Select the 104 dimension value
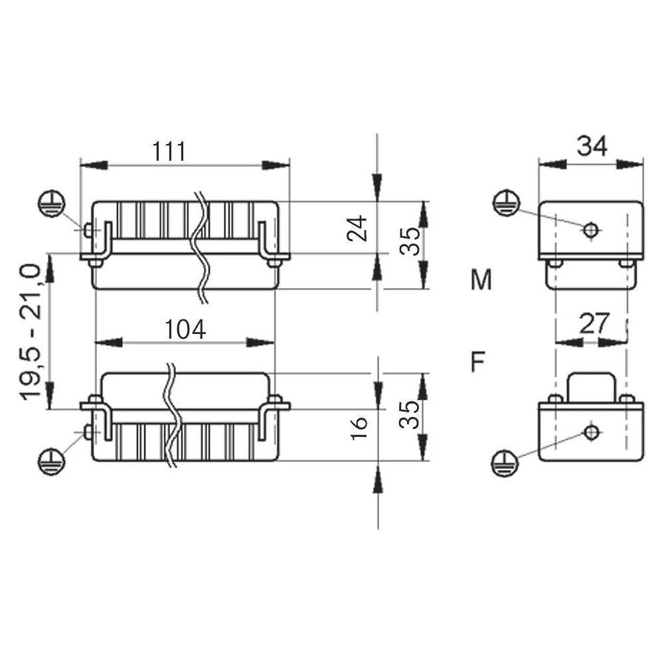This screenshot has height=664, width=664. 185,329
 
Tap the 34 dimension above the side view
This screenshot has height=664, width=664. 591,146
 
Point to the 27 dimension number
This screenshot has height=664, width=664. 593,324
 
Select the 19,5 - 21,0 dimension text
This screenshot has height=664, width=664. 33,331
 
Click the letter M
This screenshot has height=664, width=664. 481,281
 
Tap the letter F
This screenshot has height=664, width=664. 477,363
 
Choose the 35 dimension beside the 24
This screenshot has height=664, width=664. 409,241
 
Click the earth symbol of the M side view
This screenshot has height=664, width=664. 505,203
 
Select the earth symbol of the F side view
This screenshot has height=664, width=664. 505,463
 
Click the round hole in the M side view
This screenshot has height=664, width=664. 590,230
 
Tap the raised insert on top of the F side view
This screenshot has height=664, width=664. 591,386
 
